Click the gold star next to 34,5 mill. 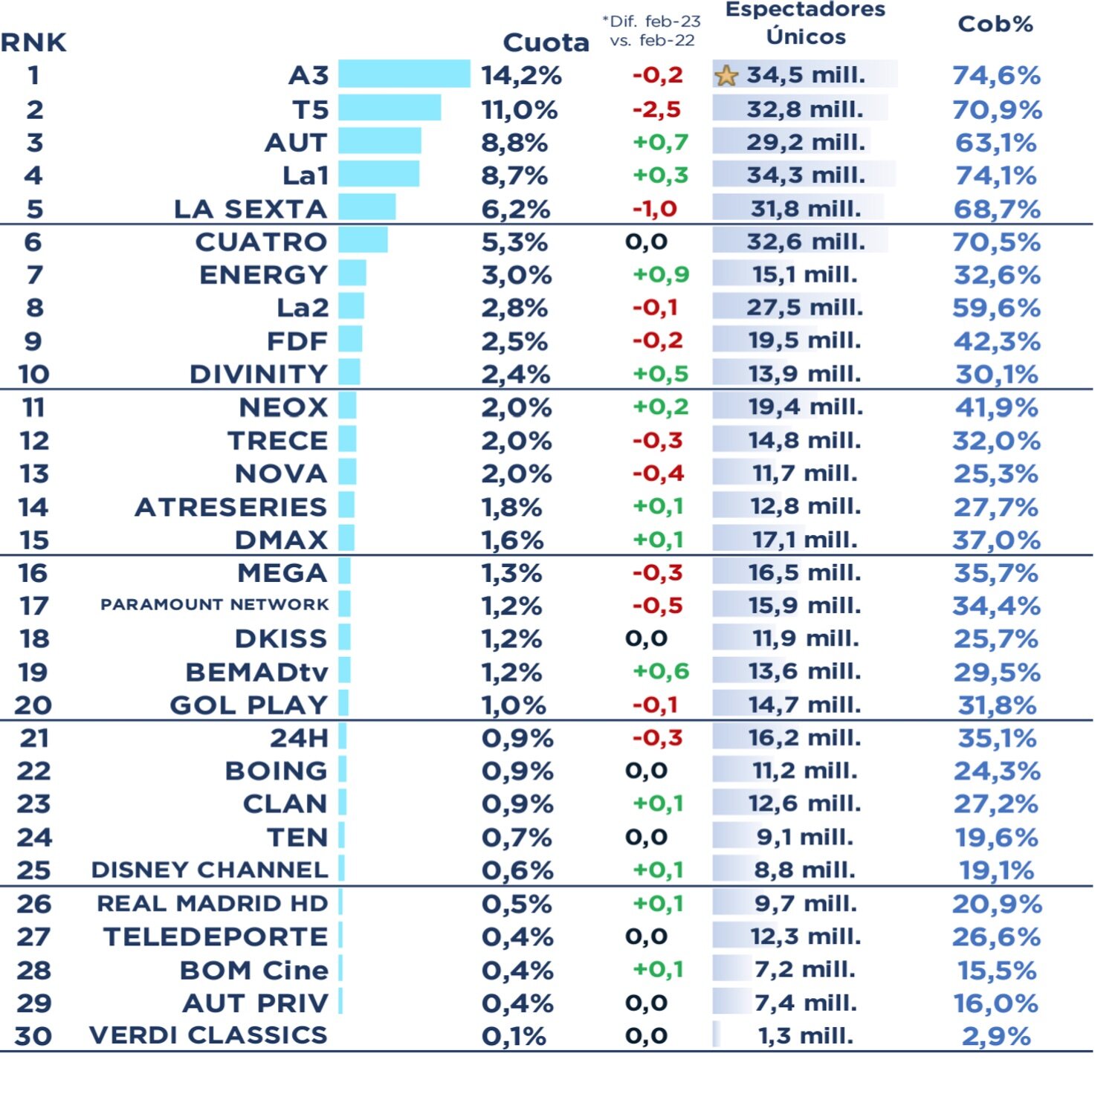coord(726,76)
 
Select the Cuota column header coord(546,42)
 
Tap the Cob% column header coord(995,25)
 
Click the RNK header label coord(33,42)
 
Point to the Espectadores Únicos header coord(806,23)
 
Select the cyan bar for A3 coord(404,74)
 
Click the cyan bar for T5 coord(390,108)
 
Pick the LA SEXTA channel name coord(251,209)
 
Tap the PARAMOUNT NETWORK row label coord(214,605)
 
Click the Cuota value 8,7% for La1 coord(514,175)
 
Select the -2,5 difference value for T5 coord(656,109)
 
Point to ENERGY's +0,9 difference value coord(661,275)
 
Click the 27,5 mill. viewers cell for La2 coord(804,308)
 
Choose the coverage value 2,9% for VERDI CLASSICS coord(996,1036)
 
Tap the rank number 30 coord(34,1036)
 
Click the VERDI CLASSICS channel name coord(208,1035)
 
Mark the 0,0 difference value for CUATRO coord(646,242)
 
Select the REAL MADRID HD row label coord(213,904)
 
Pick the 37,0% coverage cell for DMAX coord(996,540)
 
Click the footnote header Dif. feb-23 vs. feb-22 coord(652,30)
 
